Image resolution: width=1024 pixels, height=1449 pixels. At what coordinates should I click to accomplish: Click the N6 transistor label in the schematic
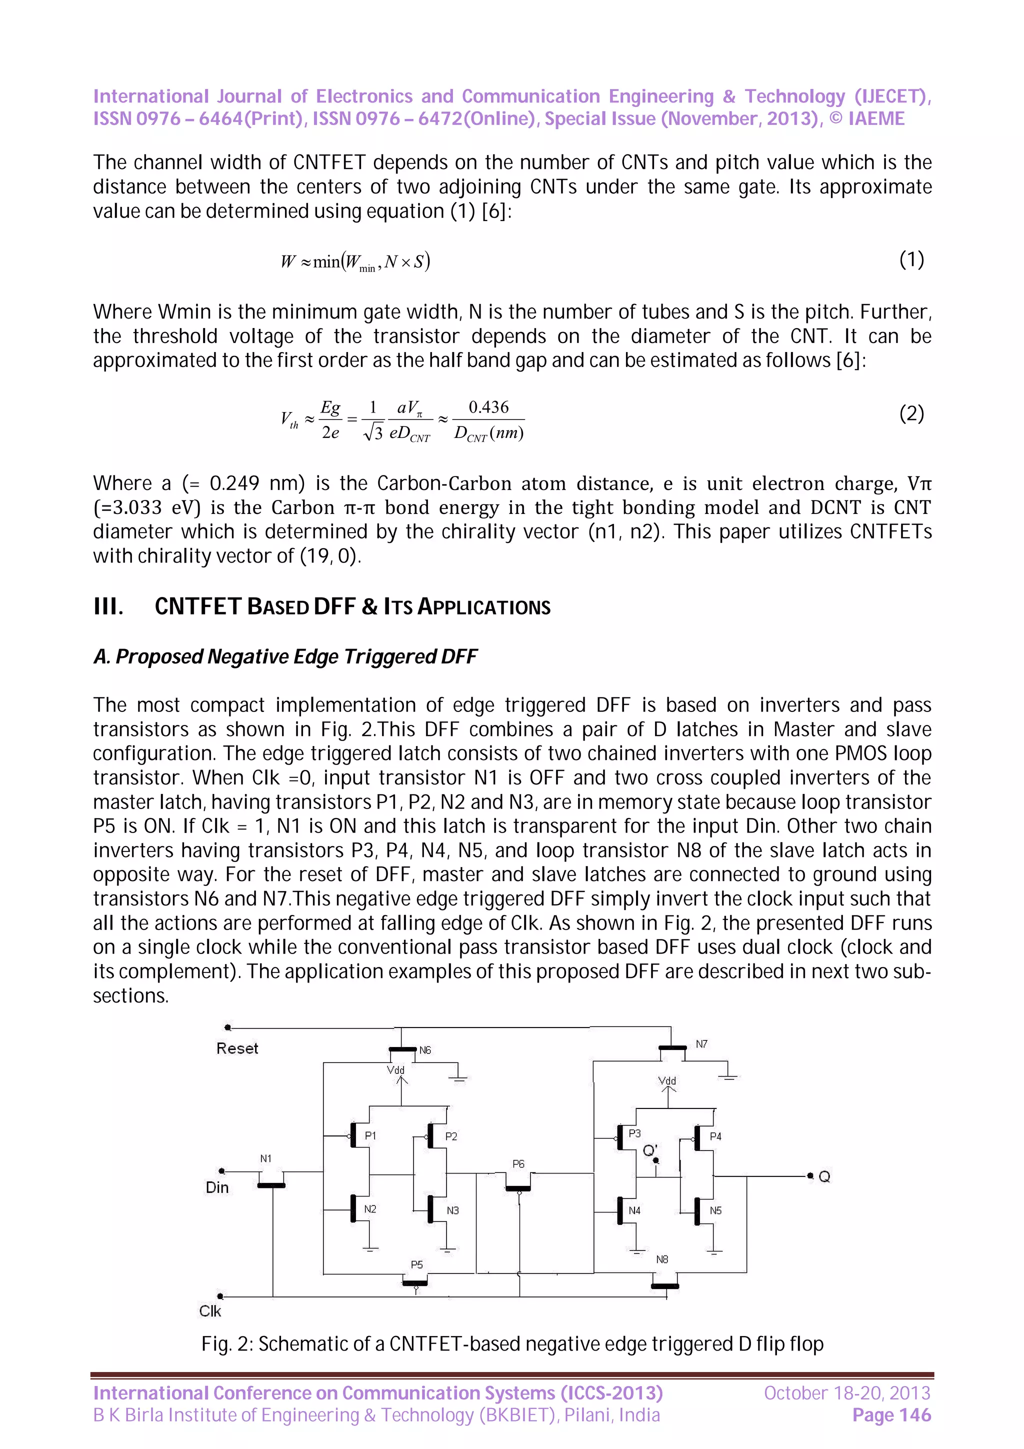click(x=425, y=1050)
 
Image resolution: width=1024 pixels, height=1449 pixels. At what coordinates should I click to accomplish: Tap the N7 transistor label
click(x=701, y=1044)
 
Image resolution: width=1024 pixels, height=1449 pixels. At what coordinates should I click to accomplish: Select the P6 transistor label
click(x=518, y=1163)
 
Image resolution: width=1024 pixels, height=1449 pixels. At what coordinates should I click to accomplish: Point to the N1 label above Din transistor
click(x=265, y=1158)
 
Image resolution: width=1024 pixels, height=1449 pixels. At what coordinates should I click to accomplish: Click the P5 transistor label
click(x=416, y=1264)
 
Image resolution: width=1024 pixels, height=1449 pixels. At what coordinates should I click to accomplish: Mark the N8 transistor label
click(x=662, y=1259)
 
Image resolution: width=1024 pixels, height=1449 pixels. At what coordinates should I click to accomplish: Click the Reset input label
click(x=237, y=1048)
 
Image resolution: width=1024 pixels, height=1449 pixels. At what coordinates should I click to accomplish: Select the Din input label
click(x=217, y=1187)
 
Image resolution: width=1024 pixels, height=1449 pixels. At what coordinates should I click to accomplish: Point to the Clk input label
click(x=210, y=1311)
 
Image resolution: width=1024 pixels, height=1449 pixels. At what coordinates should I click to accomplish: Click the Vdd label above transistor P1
click(x=395, y=1069)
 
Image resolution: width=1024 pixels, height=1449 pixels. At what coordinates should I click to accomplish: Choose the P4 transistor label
click(x=715, y=1136)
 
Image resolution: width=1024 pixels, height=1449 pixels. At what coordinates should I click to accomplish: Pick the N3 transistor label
click(x=452, y=1210)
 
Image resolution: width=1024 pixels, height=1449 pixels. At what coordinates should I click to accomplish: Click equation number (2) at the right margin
click(x=911, y=413)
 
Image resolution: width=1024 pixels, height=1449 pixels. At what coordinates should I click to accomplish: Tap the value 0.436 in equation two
click(x=488, y=407)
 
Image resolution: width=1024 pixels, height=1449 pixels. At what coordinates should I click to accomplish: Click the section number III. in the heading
click(x=108, y=606)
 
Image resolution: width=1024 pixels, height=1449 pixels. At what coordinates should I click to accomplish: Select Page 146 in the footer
click(x=891, y=1415)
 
